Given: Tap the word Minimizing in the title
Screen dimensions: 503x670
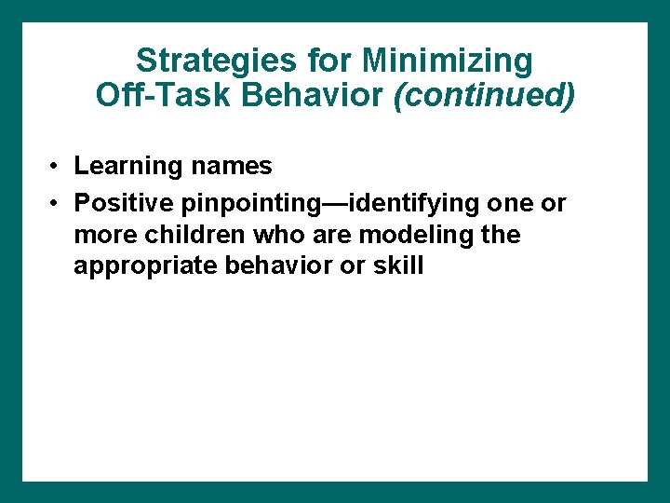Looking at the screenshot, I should click(x=448, y=61).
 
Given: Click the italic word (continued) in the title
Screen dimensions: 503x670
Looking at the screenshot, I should click(x=484, y=95).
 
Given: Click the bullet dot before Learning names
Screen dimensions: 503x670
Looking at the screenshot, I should click(x=56, y=167).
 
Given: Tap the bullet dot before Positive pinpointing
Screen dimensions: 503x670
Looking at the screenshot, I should click(x=56, y=202).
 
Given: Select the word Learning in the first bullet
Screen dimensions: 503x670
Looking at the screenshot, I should click(x=128, y=167).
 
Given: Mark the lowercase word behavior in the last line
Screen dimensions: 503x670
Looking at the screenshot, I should click(x=273, y=266).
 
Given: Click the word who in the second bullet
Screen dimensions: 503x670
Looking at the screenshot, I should click(x=274, y=235).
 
